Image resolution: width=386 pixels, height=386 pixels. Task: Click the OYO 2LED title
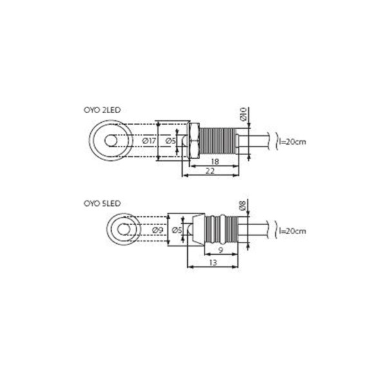[102, 110]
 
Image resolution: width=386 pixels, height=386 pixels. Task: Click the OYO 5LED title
[102, 203]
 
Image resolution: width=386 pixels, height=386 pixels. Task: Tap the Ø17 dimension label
[149, 141]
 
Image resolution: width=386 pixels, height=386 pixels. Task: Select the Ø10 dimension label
[243, 114]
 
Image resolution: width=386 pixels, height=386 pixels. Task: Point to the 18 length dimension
[215, 161]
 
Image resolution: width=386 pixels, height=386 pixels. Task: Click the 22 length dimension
[210, 171]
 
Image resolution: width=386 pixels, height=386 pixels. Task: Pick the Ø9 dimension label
[158, 230]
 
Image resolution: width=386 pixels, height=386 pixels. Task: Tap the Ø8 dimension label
[243, 205]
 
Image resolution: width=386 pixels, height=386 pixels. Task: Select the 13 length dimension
[213, 262]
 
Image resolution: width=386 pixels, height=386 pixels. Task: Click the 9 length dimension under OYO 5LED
[221, 250]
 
